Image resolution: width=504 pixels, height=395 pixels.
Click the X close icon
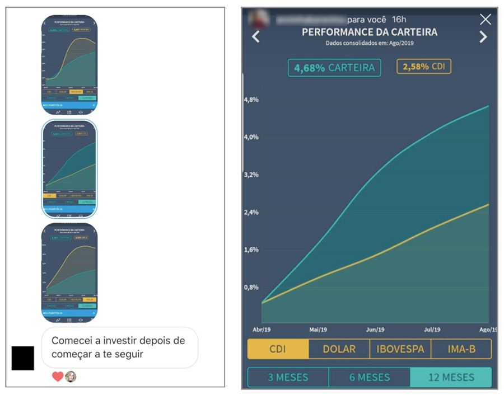[x=486, y=20]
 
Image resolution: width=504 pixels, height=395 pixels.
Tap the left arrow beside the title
[x=256, y=37]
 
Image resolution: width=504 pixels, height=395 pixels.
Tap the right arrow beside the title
[x=483, y=37]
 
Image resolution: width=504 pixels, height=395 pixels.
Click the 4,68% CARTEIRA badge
[x=334, y=68]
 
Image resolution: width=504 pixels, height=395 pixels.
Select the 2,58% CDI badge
[x=424, y=67]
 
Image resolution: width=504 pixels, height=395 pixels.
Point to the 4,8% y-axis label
[x=251, y=100]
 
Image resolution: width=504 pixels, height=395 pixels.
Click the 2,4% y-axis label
[x=251, y=213]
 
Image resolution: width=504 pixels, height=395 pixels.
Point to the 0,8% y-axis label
[x=251, y=288]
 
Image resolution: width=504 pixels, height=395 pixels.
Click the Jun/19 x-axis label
[x=375, y=330]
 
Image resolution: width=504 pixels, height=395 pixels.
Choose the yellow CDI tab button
[x=278, y=349]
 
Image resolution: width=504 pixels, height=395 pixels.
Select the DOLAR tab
[x=339, y=349]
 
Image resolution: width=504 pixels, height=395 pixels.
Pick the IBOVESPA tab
[x=400, y=349]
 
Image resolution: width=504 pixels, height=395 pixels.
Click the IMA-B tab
[x=461, y=349]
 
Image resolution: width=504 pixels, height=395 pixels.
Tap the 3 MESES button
[x=288, y=377]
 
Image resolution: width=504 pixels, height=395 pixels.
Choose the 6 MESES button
[x=369, y=377]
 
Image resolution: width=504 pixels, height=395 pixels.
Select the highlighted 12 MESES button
[x=451, y=377]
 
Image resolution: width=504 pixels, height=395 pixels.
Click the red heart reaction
[x=57, y=377]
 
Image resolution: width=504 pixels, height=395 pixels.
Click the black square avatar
[x=23, y=358]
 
